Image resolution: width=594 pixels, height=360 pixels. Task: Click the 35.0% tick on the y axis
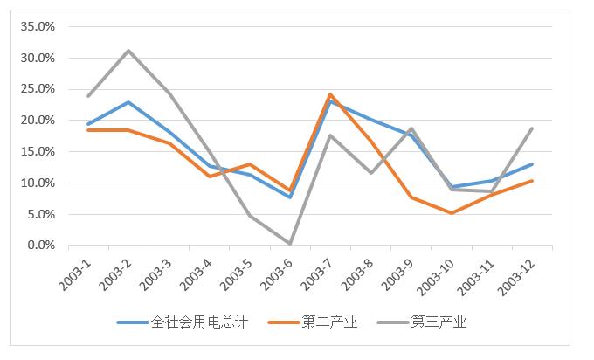click(38, 26)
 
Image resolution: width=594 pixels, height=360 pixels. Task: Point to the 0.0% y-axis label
click(40, 246)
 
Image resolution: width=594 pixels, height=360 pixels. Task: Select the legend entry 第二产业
click(329, 322)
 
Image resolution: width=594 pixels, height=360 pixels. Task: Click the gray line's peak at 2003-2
click(128, 51)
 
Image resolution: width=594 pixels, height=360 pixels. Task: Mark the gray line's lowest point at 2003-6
click(289, 244)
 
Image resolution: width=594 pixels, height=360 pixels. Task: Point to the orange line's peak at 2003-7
click(329, 94)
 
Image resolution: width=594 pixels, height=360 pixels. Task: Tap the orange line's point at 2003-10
click(450, 212)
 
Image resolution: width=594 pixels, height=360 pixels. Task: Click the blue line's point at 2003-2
click(128, 102)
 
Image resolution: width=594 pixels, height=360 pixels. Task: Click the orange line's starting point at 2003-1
click(88, 130)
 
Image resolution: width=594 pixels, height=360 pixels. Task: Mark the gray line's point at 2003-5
click(249, 215)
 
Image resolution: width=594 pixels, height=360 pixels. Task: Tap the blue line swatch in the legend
click(133, 322)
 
